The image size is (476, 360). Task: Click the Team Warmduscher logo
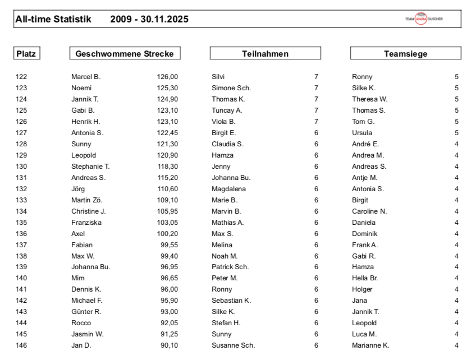[x=424, y=19]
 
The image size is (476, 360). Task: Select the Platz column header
[x=26, y=54]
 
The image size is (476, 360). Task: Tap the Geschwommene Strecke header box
[x=125, y=54]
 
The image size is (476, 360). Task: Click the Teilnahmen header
[x=265, y=54]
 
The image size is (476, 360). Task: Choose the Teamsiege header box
[x=405, y=54]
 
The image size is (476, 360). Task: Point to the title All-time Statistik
[x=53, y=19]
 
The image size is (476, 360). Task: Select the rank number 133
[x=21, y=200]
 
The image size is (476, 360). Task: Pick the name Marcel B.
[x=86, y=77]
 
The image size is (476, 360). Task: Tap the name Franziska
[x=86, y=223]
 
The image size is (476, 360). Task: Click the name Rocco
[x=81, y=323]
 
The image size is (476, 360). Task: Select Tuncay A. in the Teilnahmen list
[x=227, y=110]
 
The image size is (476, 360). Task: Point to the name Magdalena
[x=228, y=189]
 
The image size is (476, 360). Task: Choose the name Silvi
[x=218, y=77]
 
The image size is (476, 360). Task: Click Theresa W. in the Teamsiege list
[x=369, y=99]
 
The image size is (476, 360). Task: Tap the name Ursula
[x=362, y=133]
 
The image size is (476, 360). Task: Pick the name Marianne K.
[x=370, y=345]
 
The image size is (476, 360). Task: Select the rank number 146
[x=21, y=345]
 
